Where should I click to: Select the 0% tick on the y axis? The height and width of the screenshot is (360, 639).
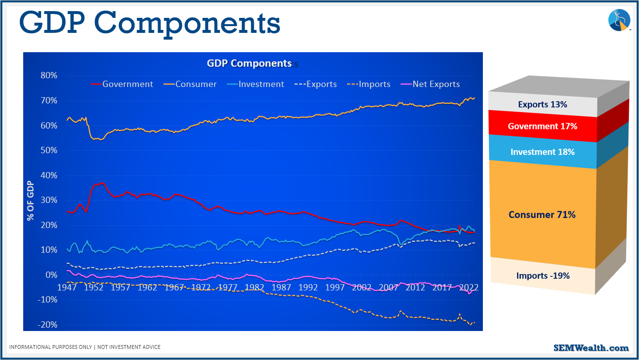click(x=51, y=275)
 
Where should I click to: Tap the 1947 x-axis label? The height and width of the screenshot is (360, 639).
click(x=67, y=288)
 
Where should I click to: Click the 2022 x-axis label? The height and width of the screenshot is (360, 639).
click(x=468, y=288)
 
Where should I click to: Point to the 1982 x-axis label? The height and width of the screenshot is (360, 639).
click(x=254, y=288)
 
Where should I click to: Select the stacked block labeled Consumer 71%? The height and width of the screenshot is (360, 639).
click(x=542, y=215)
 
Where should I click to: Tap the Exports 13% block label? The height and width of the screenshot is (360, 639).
click(x=542, y=104)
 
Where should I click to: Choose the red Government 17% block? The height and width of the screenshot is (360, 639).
click(x=542, y=127)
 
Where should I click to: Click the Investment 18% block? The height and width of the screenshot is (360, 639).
click(x=542, y=152)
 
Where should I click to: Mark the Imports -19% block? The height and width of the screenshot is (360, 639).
click(x=542, y=276)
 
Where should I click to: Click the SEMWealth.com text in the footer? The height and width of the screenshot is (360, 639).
click(x=591, y=348)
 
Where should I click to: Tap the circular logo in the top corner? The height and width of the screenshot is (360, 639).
click(x=619, y=20)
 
